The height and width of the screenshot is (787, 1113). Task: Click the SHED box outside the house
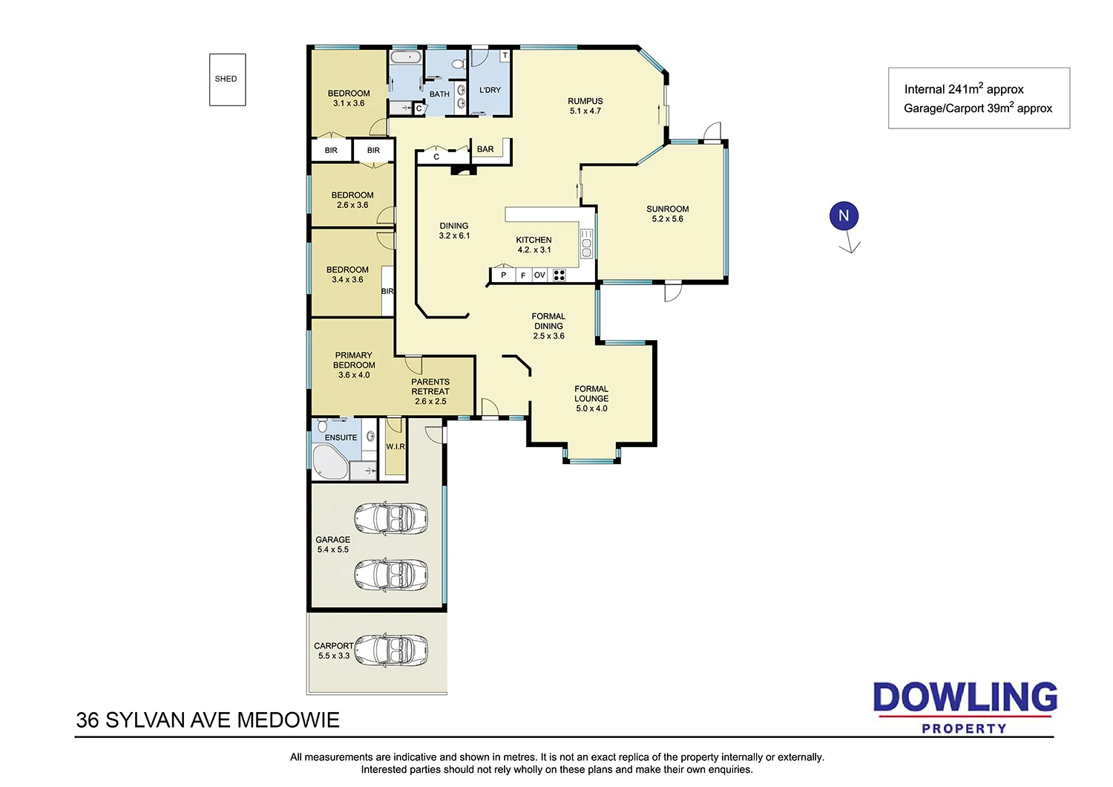click(x=227, y=79)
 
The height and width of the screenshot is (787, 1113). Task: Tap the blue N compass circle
click(x=844, y=216)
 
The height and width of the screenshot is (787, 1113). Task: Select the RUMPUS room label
click(x=585, y=102)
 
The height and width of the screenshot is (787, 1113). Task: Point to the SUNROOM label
click(x=667, y=209)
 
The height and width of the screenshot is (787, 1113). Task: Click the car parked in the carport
click(x=390, y=650)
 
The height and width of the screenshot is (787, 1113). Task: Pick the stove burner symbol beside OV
click(x=559, y=275)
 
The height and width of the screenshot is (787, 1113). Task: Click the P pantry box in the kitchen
click(x=504, y=275)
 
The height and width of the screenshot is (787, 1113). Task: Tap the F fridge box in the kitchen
click(x=523, y=275)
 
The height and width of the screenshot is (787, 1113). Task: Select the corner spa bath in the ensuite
click(x=329, y=462)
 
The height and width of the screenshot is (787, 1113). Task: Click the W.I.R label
click(x=395, y=446)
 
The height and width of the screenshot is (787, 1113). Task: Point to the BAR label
click(x=485, y=149)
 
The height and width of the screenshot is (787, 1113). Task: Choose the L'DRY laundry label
click(x=490, y=90)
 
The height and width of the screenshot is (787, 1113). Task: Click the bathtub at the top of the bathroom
click(x=406, y=57)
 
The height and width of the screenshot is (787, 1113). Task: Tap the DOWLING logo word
click(x=965, y=698)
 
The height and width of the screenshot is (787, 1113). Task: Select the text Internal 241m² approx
click(x=963, y=89)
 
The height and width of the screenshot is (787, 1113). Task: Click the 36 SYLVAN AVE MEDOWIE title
click(x=208, y=720)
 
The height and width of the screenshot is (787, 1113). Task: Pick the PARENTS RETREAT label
click(x=430, y=387)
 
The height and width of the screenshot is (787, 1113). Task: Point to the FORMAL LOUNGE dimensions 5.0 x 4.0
click(x=591, y=408)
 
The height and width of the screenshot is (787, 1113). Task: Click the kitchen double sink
click(x=587, y=243)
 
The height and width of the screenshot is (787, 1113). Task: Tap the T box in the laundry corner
click(x=505, y=56)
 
